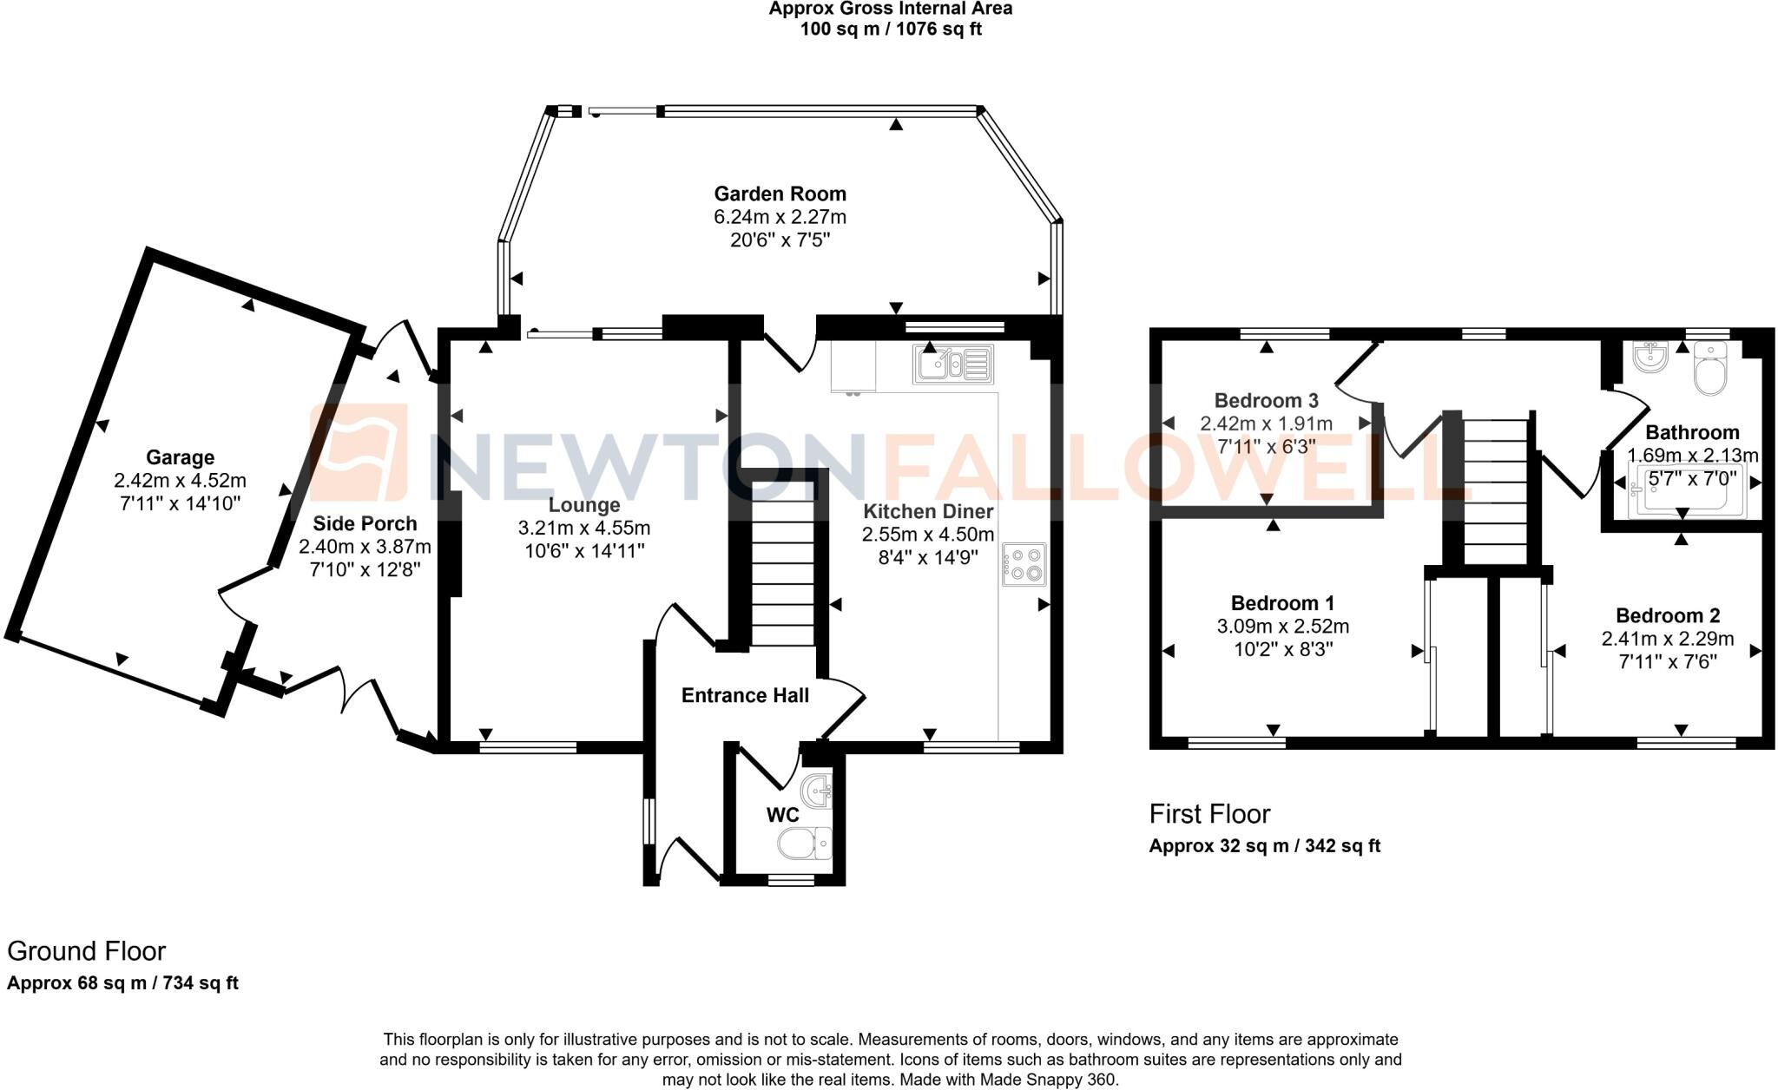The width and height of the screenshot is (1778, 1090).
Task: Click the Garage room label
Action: point(180,457)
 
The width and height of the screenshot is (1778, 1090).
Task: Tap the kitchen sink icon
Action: point(952,364)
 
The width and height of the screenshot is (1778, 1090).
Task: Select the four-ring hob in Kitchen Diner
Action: point(1024,564)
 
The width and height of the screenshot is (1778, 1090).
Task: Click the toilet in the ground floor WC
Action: point(805,843)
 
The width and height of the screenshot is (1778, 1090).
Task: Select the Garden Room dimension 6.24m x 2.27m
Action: point(780,217)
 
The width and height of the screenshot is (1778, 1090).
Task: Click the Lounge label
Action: point(584,505)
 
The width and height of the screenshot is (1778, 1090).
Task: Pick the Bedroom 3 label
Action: point(1266,400)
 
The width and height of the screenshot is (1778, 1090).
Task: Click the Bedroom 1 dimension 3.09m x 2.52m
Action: point(1282,627)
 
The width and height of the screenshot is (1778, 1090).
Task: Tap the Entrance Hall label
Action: point(745,695)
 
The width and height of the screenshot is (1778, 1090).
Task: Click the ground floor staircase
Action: point(782,573)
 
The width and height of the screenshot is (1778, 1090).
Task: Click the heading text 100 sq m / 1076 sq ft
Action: point(890,30)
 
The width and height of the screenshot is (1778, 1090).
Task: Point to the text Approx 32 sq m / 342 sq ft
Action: point(1264,845)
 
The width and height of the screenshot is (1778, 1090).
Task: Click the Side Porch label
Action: point(365,523)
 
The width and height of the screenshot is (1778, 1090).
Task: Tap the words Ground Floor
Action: point(86,951)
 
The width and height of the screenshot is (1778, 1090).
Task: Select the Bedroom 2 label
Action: point(1667,615)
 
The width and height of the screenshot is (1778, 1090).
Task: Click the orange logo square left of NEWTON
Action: point(359,453)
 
